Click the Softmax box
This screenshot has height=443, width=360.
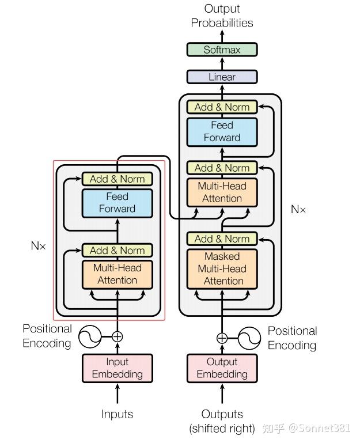tap(222, 50)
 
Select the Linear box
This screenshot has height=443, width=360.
tap(222, 77)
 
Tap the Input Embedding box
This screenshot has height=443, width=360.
tap(118, 368)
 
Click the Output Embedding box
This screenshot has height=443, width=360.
tap(222, 368)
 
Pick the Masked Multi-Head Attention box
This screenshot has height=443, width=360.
tap(222, 268)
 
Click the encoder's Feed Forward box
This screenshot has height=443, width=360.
tap(118, 203)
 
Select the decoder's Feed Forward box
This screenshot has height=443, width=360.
tap(222, 131)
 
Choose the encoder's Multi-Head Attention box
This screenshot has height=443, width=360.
tap(118, 274)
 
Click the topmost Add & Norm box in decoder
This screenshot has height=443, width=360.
tap(222, 107)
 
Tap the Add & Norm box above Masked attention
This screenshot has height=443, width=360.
tap(222, 238)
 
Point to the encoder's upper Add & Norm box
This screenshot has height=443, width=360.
tap(118, 179)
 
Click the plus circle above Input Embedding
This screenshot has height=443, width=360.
tap(118, 336)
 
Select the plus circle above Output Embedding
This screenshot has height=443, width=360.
tap(222, 338)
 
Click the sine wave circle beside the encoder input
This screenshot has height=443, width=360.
tap(90, 336)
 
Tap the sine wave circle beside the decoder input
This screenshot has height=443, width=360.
tap(249, 338)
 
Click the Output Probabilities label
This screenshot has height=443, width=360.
tap(222, 16)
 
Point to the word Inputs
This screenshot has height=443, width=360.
tap(118, 414)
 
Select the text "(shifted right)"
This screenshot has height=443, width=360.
tap(222, 429)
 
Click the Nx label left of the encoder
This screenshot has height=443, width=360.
tap(38, 246)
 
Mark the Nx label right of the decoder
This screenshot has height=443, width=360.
tap(298, 210)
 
